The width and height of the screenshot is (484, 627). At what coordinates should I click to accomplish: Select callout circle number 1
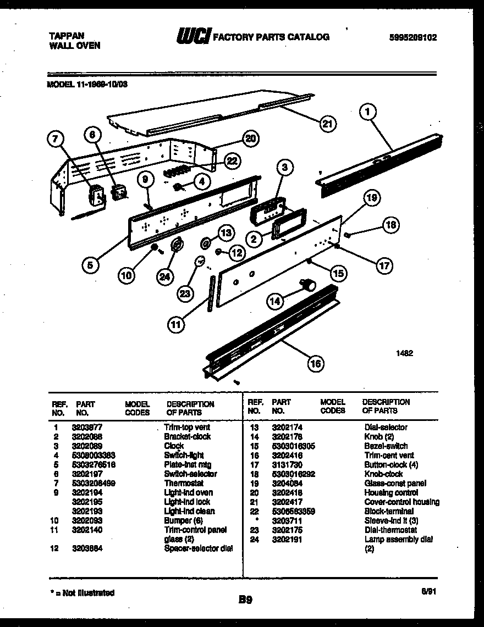tap(368, 113)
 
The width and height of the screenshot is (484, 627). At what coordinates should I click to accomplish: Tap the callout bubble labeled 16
tap(315, 363)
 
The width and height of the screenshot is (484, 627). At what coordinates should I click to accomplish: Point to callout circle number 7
tap(54, 140)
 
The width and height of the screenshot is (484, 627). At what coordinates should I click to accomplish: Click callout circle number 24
tap(164, 277)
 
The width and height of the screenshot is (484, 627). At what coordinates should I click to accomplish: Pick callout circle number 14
tap(276, 301)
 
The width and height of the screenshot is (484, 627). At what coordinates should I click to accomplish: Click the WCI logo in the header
tap(193, 37)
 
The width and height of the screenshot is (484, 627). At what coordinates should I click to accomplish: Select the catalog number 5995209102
tap(413, 37)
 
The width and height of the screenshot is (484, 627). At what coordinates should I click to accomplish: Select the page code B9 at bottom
tap(245, 599)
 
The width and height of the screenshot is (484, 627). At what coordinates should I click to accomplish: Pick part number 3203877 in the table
tap(87, 427)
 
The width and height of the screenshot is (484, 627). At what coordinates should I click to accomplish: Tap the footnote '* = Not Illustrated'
tap(81, 592)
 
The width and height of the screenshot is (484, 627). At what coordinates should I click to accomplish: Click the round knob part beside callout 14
tap(309, 284)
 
